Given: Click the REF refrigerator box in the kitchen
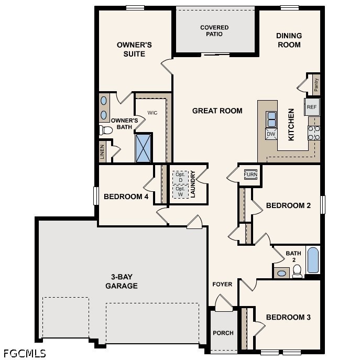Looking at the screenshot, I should pos(312,107).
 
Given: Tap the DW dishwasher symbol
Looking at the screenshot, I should pos(271,134).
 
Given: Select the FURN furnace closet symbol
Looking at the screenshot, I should pos(250,174).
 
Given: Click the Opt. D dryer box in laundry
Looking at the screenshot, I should pos(180,177).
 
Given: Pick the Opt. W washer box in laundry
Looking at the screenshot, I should pos(180,192).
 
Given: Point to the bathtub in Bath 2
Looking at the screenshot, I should pos(313,260).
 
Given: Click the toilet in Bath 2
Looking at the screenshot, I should pos(297,270).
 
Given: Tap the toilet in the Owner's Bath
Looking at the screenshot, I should pos(106,129).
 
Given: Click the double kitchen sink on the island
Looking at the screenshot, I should pos(271,119).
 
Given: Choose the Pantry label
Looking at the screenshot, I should pos(316,84).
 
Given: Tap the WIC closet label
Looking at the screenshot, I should pos(152,113).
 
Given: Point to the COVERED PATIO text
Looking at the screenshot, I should pos(214,31).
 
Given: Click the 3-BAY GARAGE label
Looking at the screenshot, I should pos(121,282).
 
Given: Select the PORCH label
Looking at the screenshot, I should pos(223,333).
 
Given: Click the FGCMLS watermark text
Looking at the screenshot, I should pos(24,353).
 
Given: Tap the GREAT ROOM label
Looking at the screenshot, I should pos(217,111).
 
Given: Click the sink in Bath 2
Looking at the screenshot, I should pos(282,272).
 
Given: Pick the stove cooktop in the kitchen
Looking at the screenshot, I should pos(313,132).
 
